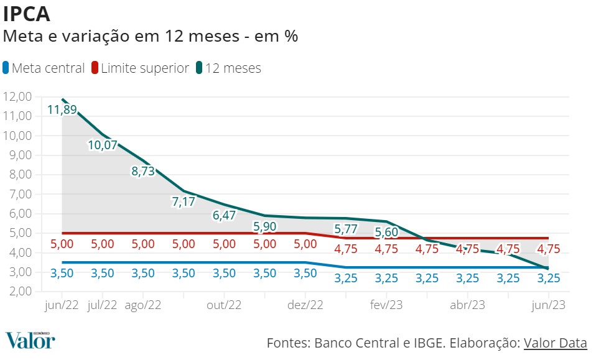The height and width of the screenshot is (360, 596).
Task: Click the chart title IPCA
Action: [x=27, y=14]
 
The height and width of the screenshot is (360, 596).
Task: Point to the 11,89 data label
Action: [x=62, y=110]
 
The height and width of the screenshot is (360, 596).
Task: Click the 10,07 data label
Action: [x=103, y=145]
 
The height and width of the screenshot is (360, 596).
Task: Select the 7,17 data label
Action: [x=184, y=201]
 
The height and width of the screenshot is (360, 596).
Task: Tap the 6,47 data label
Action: [x=224, y=216]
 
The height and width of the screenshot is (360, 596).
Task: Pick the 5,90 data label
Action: [x=265, y=226]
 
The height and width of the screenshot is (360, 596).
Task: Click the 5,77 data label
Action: [x=346, y=228]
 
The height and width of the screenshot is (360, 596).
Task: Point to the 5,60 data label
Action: [x=386, y=233]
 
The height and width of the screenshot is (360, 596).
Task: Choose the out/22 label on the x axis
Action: [x=224, y=305]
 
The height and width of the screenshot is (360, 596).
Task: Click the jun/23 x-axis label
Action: [x=549, y=305]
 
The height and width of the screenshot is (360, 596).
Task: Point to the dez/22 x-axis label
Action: [x=305, y=305]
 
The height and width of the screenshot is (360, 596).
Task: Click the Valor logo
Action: [x=30, y=341]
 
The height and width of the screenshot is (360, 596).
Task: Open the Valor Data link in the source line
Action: [x=555, y=343]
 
